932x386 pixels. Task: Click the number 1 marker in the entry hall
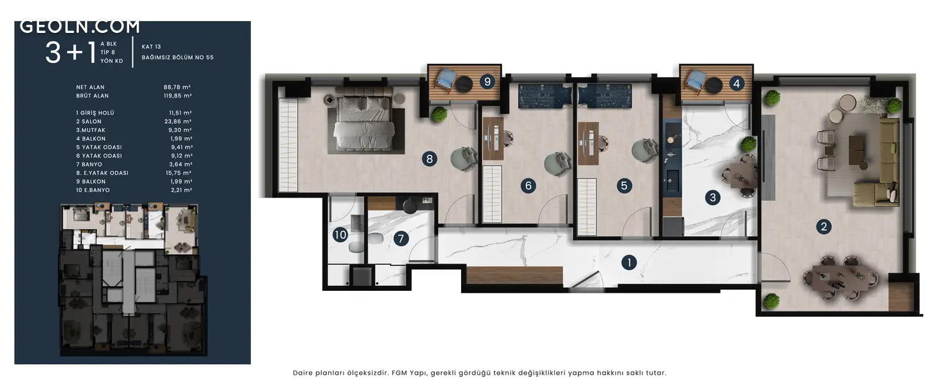pyautogui.click(x=629, y=262)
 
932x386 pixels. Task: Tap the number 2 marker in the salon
pyautogui.click(x=823, y=226)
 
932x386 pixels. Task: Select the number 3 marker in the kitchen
pyautogui.click(x=713, y=198)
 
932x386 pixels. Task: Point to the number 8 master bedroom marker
pyautogui.click(x=429, y=159)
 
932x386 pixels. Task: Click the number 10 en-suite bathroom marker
pyautogui.click(x=340, y=235)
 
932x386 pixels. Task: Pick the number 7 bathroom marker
pyautogui.click(x=401, y=239)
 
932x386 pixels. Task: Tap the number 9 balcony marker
pyautogui.click(x=487, y=81)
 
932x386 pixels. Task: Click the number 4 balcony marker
pyautogui.click(x=736, y=84)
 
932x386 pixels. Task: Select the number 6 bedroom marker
pyautogui.click(x=528, y=185)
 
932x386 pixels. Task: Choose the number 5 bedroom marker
pyautogui.click(x=624, y=185)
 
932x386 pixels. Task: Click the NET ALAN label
pyautogui.click(x=90, y=87)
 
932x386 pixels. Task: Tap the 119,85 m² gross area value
pyautogui.click(x=178, y=96)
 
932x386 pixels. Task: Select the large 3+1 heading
pyautogui.click(x=71, y=53)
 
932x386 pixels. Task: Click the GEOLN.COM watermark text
pyautogui.click(x=80, y=27)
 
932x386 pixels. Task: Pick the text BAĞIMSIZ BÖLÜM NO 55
pyautogui.click(x=178, y=57)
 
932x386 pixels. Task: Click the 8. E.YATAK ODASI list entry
pyautogui.click(x=103, y=173)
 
